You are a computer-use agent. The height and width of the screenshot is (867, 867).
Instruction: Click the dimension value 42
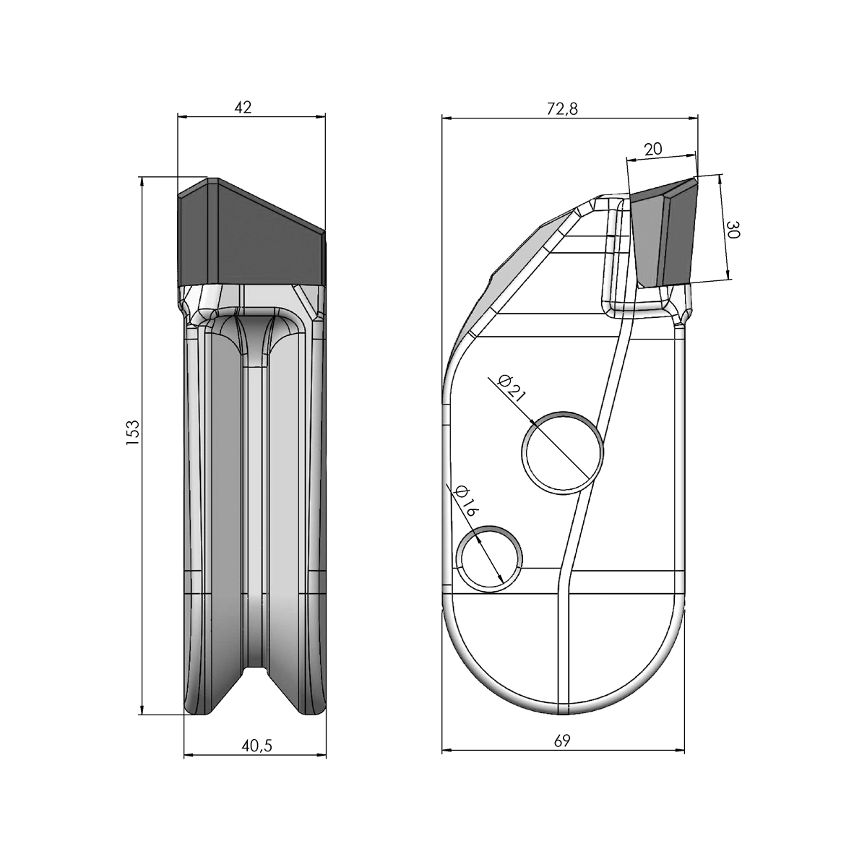click(x=243, y=108)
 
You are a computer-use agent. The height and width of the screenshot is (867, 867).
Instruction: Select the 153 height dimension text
click(x=132, y=433)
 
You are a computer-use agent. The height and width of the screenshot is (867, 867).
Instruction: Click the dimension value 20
click(x=652, y=149)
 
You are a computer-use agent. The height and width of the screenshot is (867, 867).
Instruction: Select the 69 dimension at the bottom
click(x=563, y=741)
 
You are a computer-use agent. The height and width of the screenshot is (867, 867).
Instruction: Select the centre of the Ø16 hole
click(x=490, y=558)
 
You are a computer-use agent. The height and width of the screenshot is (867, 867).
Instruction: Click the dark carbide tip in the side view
click(x=663, y=235)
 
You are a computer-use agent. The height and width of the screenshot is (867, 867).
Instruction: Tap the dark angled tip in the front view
click(x=251, y=235)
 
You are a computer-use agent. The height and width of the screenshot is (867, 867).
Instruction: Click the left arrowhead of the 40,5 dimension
click(x=188, y=755)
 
